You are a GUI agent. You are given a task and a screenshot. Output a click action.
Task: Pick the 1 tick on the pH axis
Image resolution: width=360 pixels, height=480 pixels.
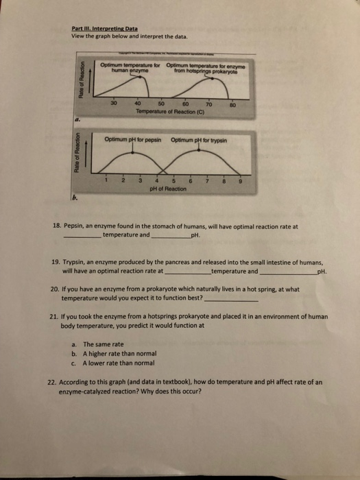[x=108, y=181]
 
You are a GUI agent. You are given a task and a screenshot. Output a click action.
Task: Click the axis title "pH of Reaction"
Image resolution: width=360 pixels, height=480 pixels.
[x=168, y=189]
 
